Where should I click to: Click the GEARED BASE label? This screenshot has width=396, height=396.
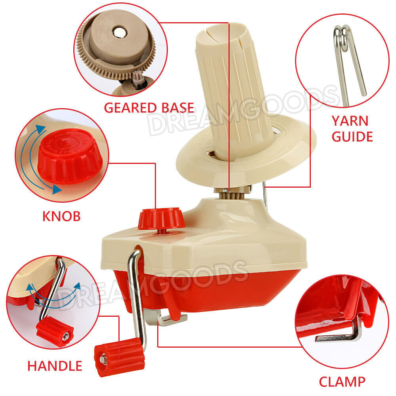149,108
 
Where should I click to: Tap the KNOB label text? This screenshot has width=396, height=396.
62,216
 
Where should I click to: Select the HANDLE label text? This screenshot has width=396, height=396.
55,366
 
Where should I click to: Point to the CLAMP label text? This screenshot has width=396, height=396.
342,382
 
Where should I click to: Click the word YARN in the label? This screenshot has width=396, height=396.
350,121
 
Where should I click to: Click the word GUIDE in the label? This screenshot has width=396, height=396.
352,137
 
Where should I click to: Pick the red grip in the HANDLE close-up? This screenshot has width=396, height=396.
55,331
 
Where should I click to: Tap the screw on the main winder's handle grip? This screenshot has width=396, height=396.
103,359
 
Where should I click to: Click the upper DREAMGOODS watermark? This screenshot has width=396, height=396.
242,111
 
